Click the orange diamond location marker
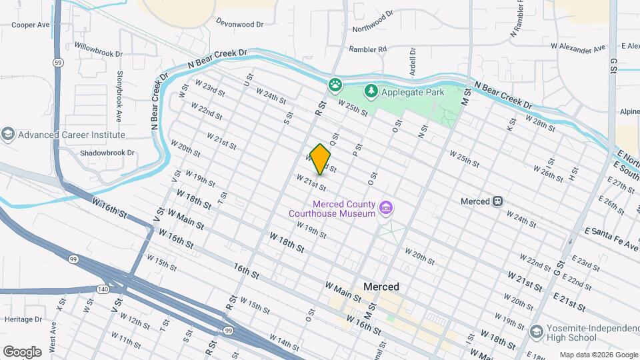pyautogui.click(x=320, y=160)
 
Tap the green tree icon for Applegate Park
pyautogui.click(x=370, y=90)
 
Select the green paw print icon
pyautogui.click(x=335, y=85)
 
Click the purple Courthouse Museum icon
pyautogui.click(x=385, y=209)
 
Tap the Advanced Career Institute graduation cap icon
pyautogui.click(x=8, y=135)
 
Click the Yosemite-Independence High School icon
pyautogui.click(x=536, y=331)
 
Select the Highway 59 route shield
pyautogui.click(x=59, y=62)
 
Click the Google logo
pyautogui.click(x=22, y=351)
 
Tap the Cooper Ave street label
pyautogui.click(x=31, y=25)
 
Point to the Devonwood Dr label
pyautogui.click(x=239, y=22)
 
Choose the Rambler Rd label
pyautogui.click(x=368, y=49)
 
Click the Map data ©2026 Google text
pyautogui.click(x=598, y=355)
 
